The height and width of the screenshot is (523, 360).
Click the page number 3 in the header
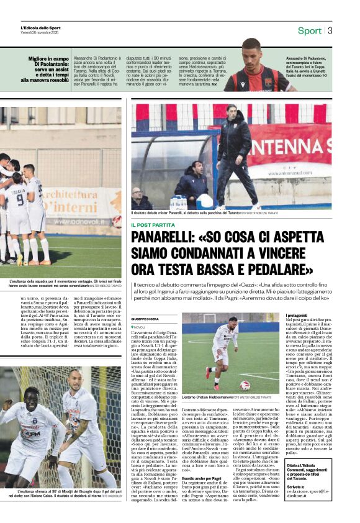click(x=330, y=30)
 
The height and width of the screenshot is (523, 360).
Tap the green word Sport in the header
click(x=309, y=30)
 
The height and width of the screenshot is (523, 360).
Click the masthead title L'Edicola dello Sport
click(x=41, y=28)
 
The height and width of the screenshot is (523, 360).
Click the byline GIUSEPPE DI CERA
click(x=145, y=319)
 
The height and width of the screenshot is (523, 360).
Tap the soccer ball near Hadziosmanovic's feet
click(x=245, y=385)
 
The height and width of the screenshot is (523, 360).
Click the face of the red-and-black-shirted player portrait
click(x=251, y=50)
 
